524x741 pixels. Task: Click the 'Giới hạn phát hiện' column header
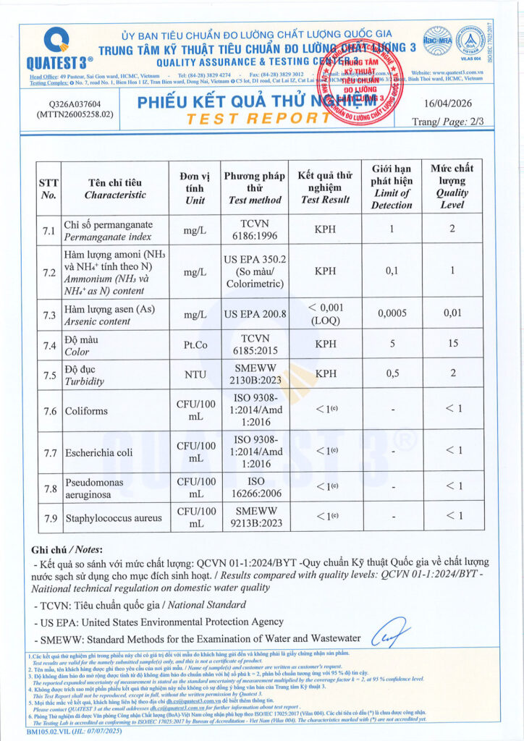[391, 187]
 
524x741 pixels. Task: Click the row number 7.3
[49, 315]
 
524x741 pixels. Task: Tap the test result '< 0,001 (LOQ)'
[326, 314]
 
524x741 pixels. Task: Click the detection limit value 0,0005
[391, 315]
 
